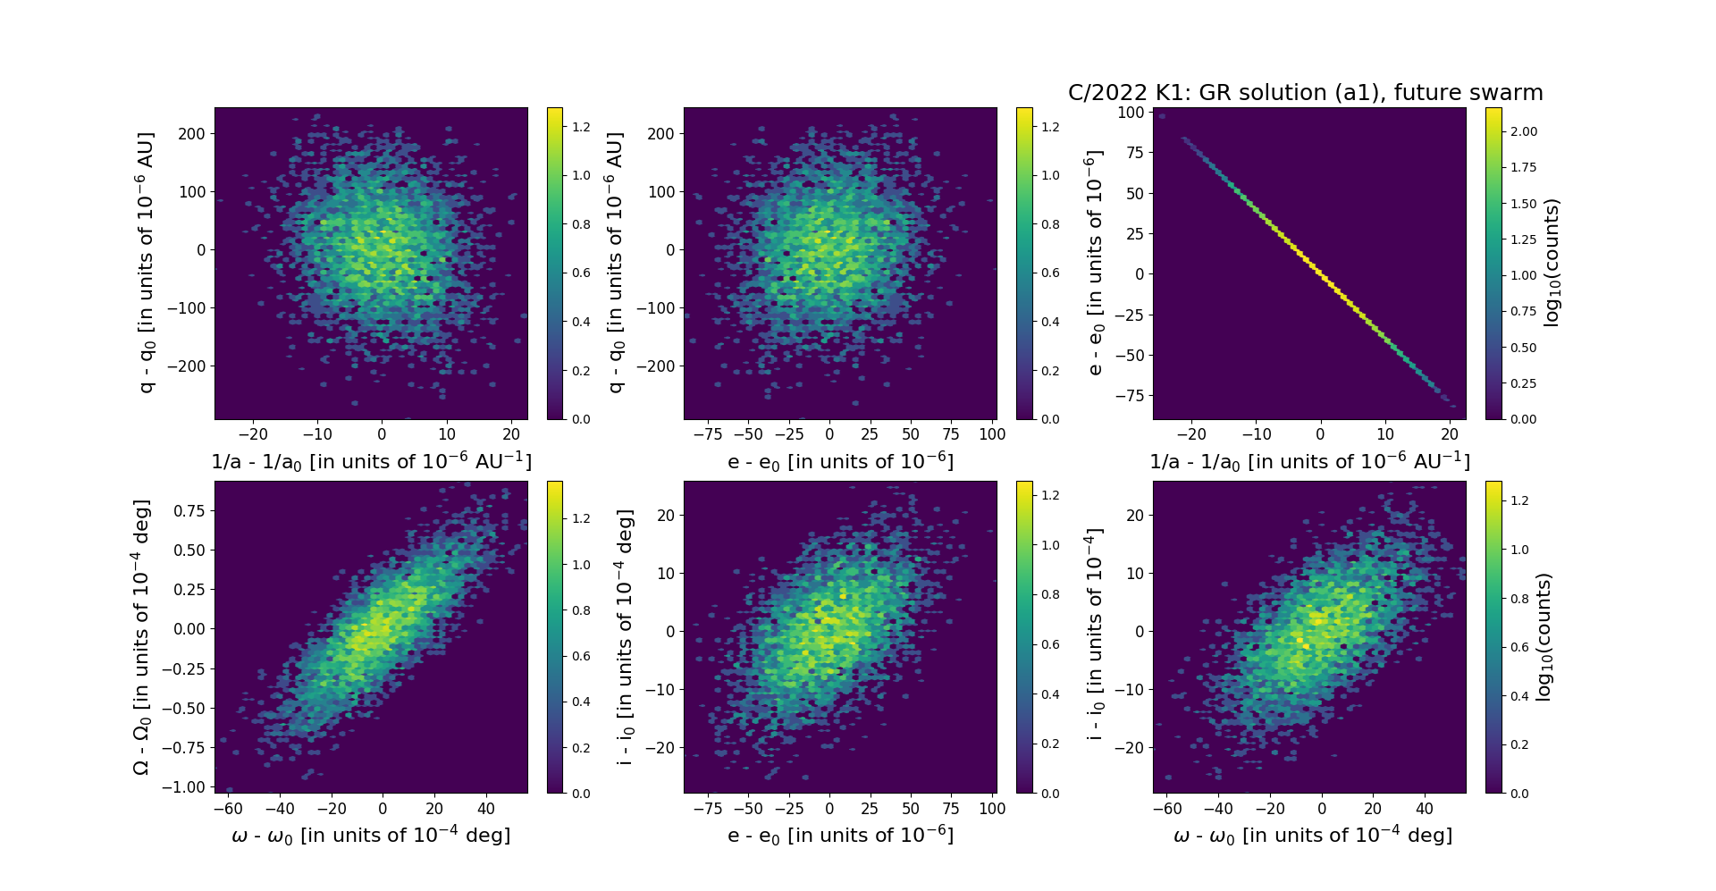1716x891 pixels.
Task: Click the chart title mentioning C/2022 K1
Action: coord(1305,93)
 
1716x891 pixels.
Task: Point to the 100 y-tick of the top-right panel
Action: coord(1131,113)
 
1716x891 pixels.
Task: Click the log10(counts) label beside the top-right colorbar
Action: coord(1552,263)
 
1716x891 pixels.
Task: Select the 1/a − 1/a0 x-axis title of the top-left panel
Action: coord(371,461)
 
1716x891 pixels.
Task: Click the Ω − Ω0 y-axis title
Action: coord(141,636)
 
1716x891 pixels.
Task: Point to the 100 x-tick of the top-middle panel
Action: coord(992,434)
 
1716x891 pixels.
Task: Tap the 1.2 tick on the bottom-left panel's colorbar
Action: coord(581,518)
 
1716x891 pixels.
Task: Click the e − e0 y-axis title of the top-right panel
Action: coord(1094,263)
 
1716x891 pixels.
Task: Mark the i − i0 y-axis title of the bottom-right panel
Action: coord(1094,636)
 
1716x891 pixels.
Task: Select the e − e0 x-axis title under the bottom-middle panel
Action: coord(840,835)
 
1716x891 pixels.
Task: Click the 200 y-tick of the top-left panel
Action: coord(192,134)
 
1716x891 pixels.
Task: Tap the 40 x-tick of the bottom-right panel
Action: coord(1425,809)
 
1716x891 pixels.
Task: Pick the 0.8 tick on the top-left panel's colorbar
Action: coord(581,224)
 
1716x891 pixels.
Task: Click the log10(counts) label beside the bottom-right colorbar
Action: coord(1543,636)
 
